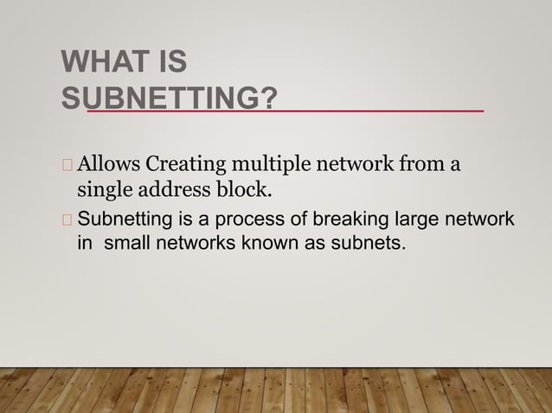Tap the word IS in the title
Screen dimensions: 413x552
[170, 65]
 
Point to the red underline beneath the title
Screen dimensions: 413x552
[286, 111]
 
